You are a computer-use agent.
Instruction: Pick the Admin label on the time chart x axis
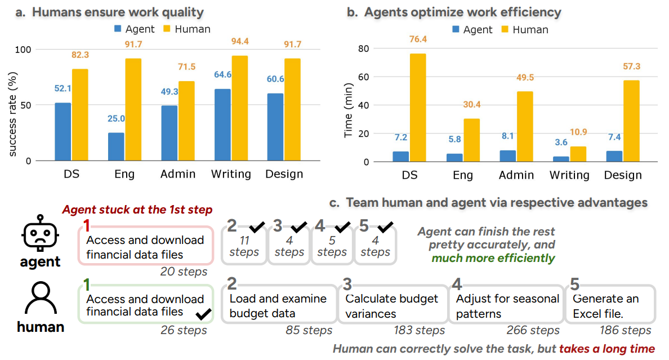(516, 175)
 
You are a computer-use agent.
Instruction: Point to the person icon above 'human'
(39, 298)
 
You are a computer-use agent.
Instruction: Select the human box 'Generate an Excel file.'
(610, 305)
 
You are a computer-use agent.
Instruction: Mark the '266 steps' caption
(533, 330)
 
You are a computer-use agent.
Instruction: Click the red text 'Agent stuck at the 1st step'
(137, 210)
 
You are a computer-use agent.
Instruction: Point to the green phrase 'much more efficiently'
(493, 258)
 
